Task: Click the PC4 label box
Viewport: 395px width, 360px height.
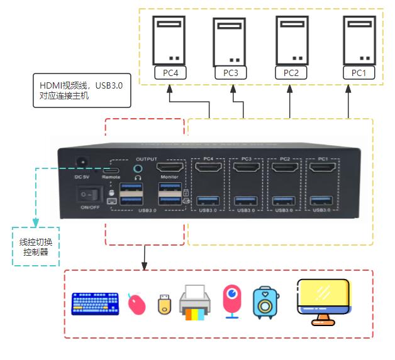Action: coord(170,73)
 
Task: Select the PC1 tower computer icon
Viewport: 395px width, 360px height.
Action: coord(359,39)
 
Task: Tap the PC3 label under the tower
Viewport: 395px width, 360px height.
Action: coord(231,74)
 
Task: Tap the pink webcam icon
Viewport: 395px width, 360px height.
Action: coord(232,300)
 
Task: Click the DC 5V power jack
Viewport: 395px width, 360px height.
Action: coord(81,163)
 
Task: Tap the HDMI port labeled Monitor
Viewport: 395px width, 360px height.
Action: coord(169,168)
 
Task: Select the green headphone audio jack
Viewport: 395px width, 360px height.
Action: coord(138,168)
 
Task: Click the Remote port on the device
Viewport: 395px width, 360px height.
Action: coord(111,170)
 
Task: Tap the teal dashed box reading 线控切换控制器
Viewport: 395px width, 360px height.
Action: coord(36,247)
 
